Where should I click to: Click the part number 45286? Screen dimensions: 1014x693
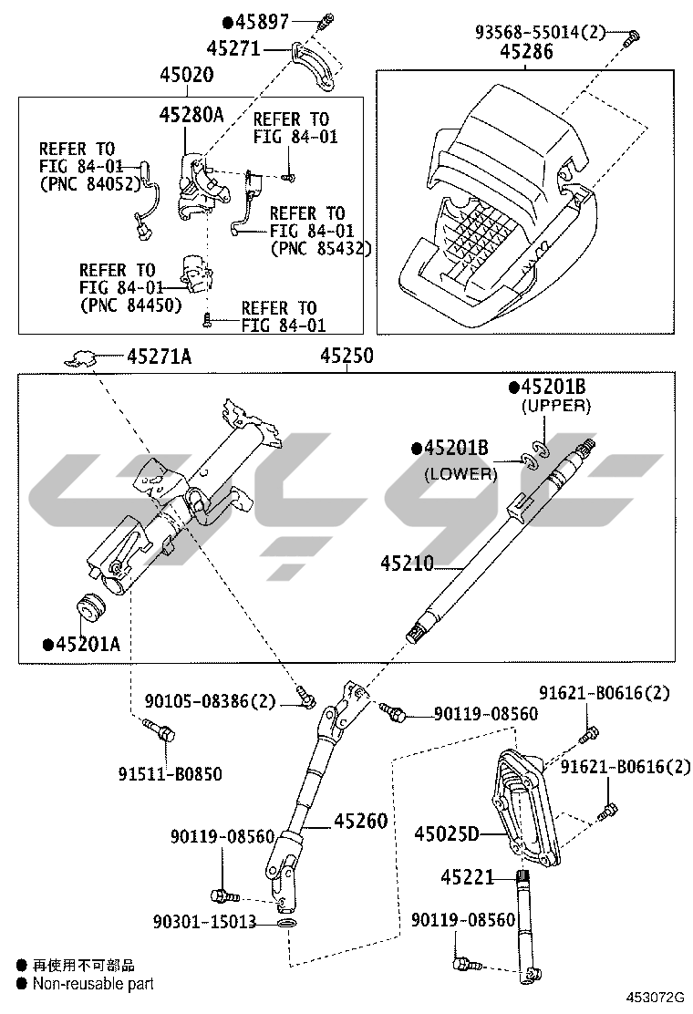pos(526,53)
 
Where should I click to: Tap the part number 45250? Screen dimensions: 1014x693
pos(346,357)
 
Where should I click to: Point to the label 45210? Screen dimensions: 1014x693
pos(408,564)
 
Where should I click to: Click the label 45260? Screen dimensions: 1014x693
pos(360,821)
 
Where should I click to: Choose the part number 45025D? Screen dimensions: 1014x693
pos(447,833)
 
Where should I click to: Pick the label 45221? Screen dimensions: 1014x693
pos(467,877)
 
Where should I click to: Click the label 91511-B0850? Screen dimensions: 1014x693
pos(170,774)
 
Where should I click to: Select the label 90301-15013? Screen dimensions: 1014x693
pos(204,923)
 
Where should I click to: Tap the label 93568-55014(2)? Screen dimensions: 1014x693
pos(540,32)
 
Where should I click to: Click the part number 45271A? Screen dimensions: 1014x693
pos(159,357)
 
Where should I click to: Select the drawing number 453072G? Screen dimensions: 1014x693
pos(653,998)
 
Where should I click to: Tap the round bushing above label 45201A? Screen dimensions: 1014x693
pos(90,605)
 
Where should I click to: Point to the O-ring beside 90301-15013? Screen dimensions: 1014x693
pos(286,924)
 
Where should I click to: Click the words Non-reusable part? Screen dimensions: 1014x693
pos(93,984)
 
